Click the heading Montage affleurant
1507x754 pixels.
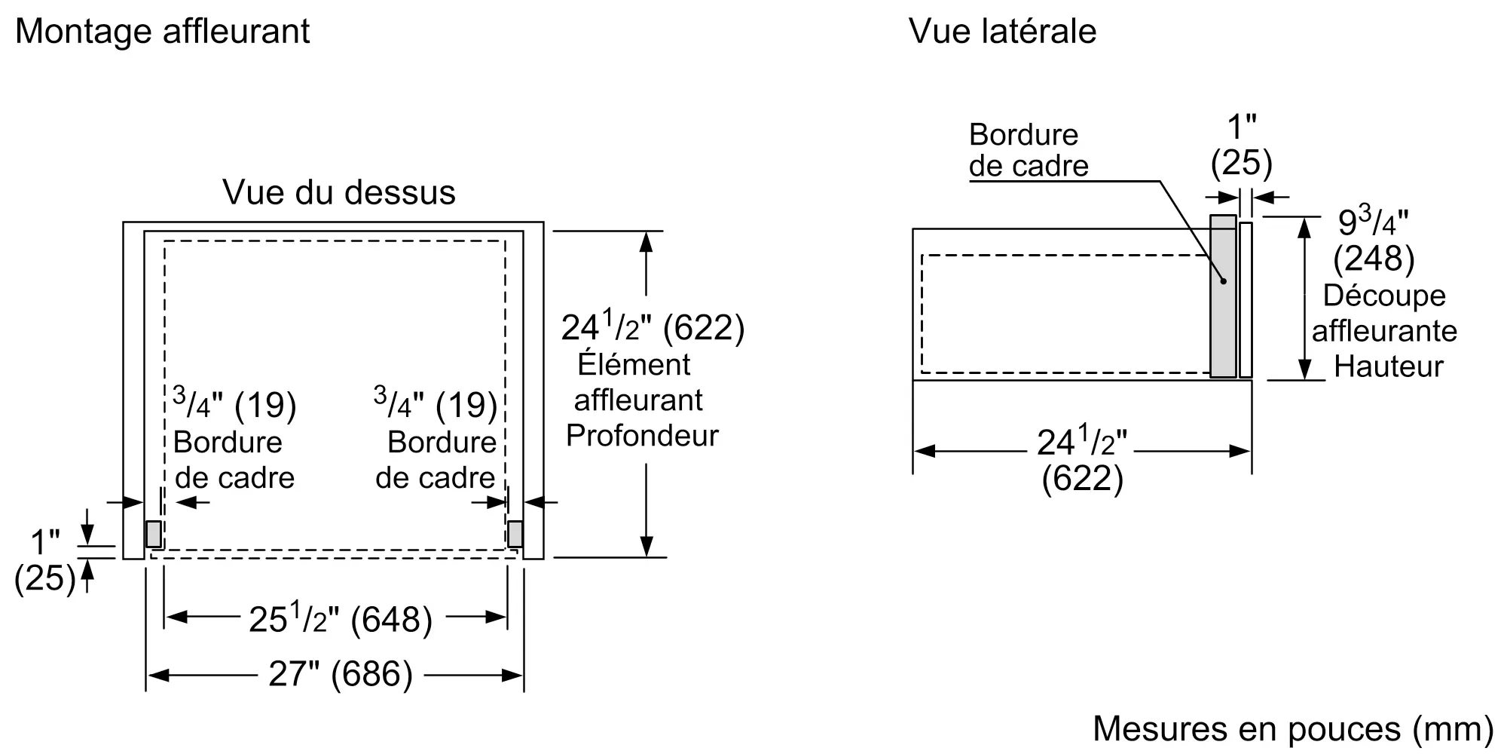point(162,32)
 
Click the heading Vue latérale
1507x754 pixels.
point(1002,31)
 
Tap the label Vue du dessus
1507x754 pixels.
point(339,192)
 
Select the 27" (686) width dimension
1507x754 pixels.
point(341,674)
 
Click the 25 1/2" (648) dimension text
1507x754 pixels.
point(341,618)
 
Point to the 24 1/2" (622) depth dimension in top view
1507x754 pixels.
point(653,327)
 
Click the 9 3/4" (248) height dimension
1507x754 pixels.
point(1374,241)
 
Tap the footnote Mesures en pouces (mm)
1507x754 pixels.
point(1293,728)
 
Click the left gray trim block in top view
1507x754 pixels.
point(154,534)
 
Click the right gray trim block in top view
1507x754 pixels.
point(515,534)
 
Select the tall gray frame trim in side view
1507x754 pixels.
point(1223,296)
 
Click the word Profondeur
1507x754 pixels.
point(642,436)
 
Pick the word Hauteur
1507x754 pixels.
point(1389,367)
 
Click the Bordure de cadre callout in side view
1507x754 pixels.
point(1029,150)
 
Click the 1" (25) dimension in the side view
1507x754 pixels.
point(1241,146)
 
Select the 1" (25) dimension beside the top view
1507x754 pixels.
point(45,560)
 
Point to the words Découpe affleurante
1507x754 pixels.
point(1384,313)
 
